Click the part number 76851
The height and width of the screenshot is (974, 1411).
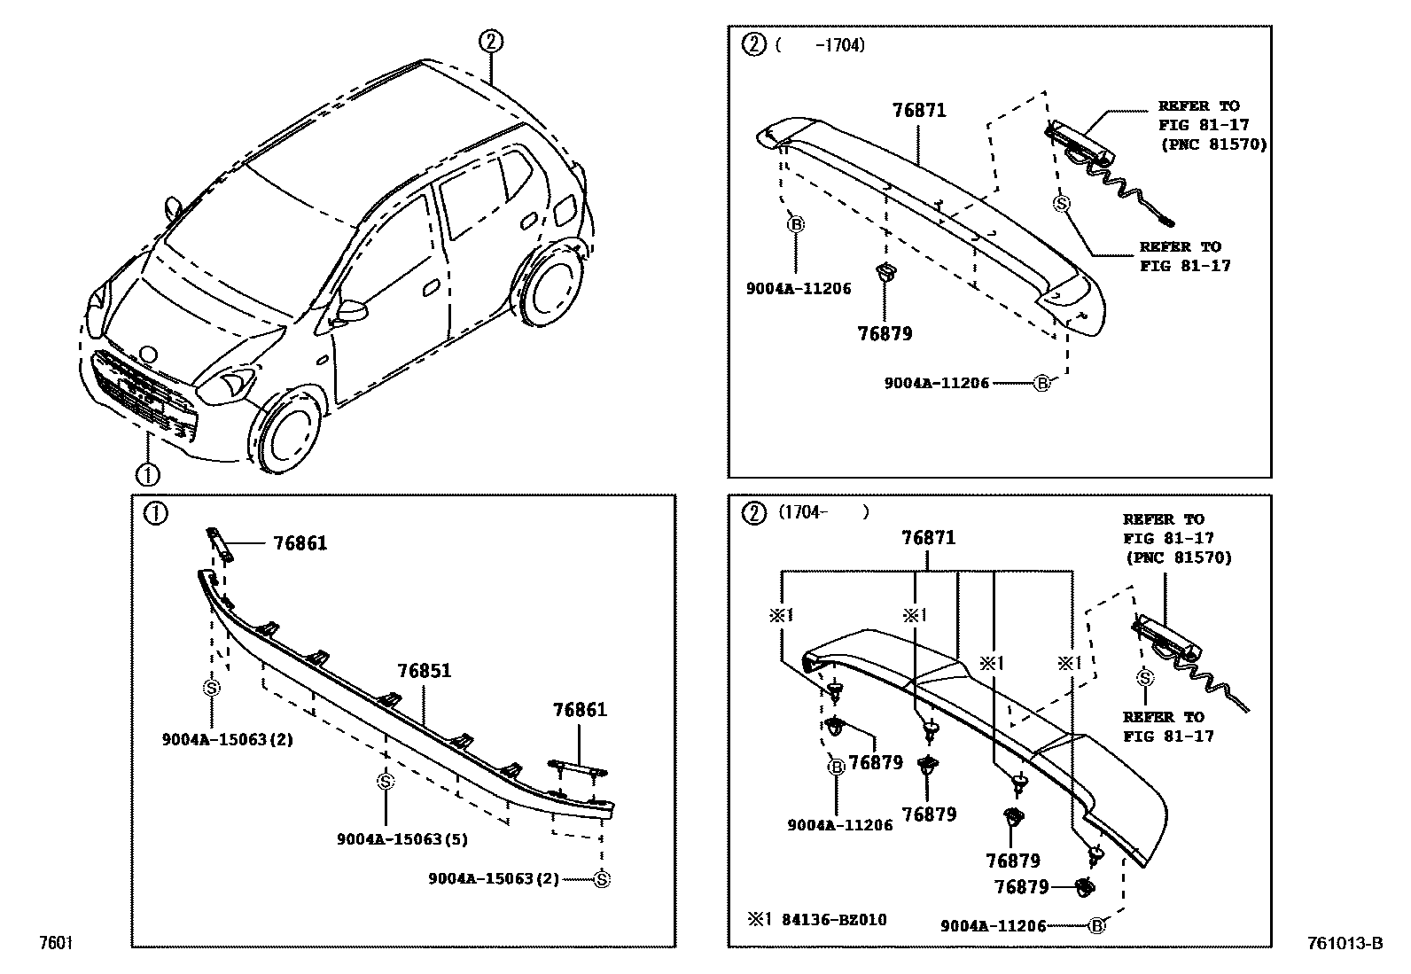(424, 671)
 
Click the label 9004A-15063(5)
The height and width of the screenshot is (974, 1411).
(401, 838)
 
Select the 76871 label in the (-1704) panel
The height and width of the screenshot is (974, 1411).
(918, 111)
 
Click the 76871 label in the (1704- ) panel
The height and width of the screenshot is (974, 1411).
(929, 538)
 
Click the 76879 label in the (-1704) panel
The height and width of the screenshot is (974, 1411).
(884, 334)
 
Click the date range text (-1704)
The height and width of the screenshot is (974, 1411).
(819, 44)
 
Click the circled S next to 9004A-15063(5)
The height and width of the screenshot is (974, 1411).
(385, 781)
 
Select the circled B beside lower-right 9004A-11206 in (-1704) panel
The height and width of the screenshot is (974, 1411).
(1042, 384)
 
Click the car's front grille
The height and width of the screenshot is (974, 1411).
(142, 390)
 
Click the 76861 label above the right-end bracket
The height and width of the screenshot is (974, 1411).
(580, 709)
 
